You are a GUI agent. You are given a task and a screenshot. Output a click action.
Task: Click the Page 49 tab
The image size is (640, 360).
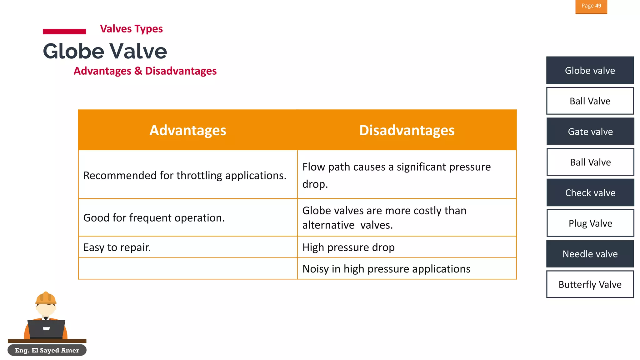click(591, 6)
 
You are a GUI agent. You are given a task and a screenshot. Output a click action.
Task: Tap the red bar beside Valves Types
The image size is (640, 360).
click(64, 31)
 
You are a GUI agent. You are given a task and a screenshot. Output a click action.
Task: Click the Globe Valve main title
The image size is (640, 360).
click(105, 51)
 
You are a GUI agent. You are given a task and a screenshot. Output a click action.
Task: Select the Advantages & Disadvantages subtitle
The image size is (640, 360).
click(145, 71)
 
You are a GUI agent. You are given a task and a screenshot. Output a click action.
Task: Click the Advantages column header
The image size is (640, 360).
click(187, 130)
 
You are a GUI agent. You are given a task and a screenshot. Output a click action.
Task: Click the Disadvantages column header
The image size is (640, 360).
click(407, 130)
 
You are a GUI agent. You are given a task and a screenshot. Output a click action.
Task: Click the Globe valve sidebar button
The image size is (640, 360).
click(590, 70)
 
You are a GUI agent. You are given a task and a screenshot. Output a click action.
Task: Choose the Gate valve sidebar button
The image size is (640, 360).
click(590, 132)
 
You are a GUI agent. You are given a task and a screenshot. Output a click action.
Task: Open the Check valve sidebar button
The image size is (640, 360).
click(590, 193)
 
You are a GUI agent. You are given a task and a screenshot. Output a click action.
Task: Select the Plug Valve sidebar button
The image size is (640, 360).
click(590, 223)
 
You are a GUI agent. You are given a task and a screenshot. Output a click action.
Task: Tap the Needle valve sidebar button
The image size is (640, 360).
click(590, 254)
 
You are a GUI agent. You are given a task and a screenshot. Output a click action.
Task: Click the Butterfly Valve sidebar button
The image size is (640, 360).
click(590, 284)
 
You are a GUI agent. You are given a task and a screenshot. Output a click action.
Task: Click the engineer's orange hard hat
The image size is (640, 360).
click(46, 298)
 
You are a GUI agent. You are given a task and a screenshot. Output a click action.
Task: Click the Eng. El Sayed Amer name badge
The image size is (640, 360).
click(47, 350)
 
